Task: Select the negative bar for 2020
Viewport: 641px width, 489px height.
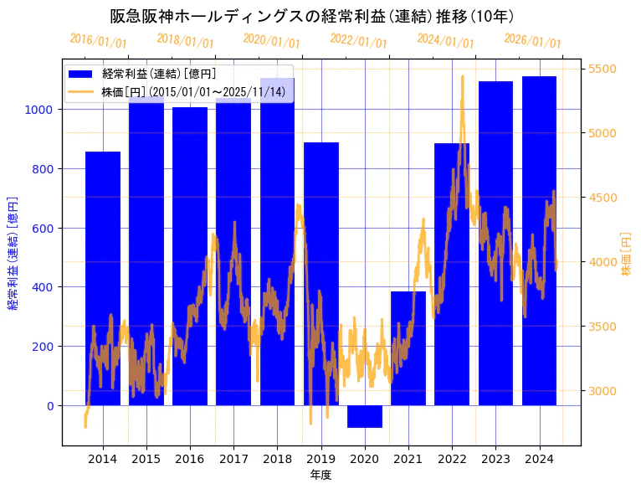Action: click(365, 416)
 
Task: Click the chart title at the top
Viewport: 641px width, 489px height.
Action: click(311, 16)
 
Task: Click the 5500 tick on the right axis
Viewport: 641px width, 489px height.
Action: click(603, 69)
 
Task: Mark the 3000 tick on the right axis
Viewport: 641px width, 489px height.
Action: click(603, 391)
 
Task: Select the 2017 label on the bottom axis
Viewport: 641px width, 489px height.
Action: click(233, 459)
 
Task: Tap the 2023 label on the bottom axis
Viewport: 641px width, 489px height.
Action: click(495, 459)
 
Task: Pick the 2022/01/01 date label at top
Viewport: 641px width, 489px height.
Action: click(358, 41)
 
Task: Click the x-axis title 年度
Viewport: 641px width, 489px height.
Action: click(320, 476)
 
